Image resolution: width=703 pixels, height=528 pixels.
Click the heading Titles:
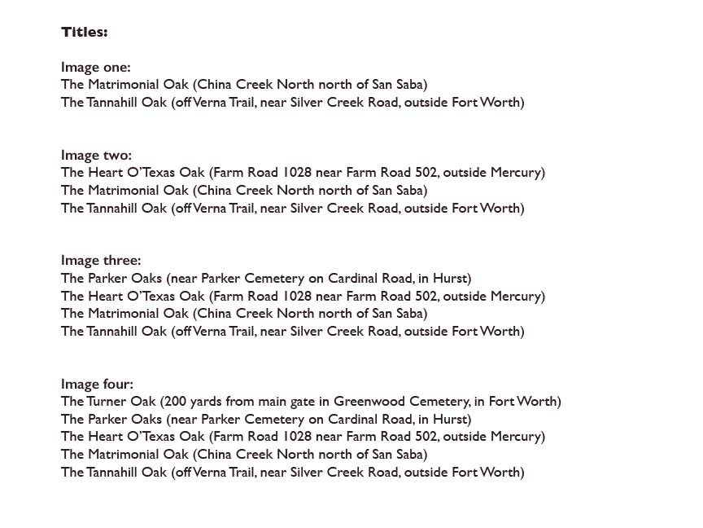pos(84,33)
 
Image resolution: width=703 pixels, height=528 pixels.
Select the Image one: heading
pos(95,67)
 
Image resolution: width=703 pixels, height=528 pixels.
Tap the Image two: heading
pos(96,155)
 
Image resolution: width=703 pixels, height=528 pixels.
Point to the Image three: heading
pos(101,261)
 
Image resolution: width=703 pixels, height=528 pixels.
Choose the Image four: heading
pos(97,384)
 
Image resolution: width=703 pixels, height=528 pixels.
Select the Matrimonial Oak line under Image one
pos(244,85)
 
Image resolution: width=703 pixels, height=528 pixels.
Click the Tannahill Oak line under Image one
pos(292,103)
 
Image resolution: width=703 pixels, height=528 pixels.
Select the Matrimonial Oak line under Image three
pos(244,314)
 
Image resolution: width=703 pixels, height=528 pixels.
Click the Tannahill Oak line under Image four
pos(292,473)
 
